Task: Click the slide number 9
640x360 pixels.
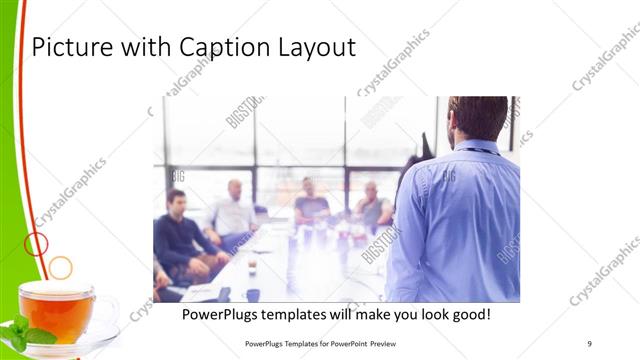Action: point(590,343)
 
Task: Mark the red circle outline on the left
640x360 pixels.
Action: point(35,243)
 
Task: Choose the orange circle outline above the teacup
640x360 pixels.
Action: point(60,267)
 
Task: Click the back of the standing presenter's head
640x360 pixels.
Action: point(478,117)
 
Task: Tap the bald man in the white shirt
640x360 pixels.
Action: point(234,213)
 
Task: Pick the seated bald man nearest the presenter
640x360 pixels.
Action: point(372,206)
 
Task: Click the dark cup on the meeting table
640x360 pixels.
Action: point(253,294)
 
